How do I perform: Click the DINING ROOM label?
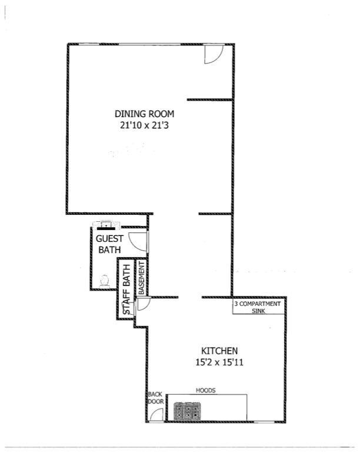click(x=144, y=114)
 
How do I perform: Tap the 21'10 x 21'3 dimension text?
click(x=144, y=125)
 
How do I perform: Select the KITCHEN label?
click(x=219, y=351)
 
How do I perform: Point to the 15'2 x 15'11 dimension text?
click(x=219, y=362)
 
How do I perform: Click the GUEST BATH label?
click(x=109, y=244)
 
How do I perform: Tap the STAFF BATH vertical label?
click(x=126, y=289)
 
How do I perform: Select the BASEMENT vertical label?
click(x=142, y=278)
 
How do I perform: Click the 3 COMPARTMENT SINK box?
click(x=258, y=307)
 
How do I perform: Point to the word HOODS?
click(x=205, y=390)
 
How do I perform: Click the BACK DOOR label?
click(x=156, y=398)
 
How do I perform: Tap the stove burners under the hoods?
click(x=187, y=411)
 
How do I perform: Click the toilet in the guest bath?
click(x=104, y=281)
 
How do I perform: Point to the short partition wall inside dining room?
click(x=209, y=99)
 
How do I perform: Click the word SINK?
click(x=258, y=311)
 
